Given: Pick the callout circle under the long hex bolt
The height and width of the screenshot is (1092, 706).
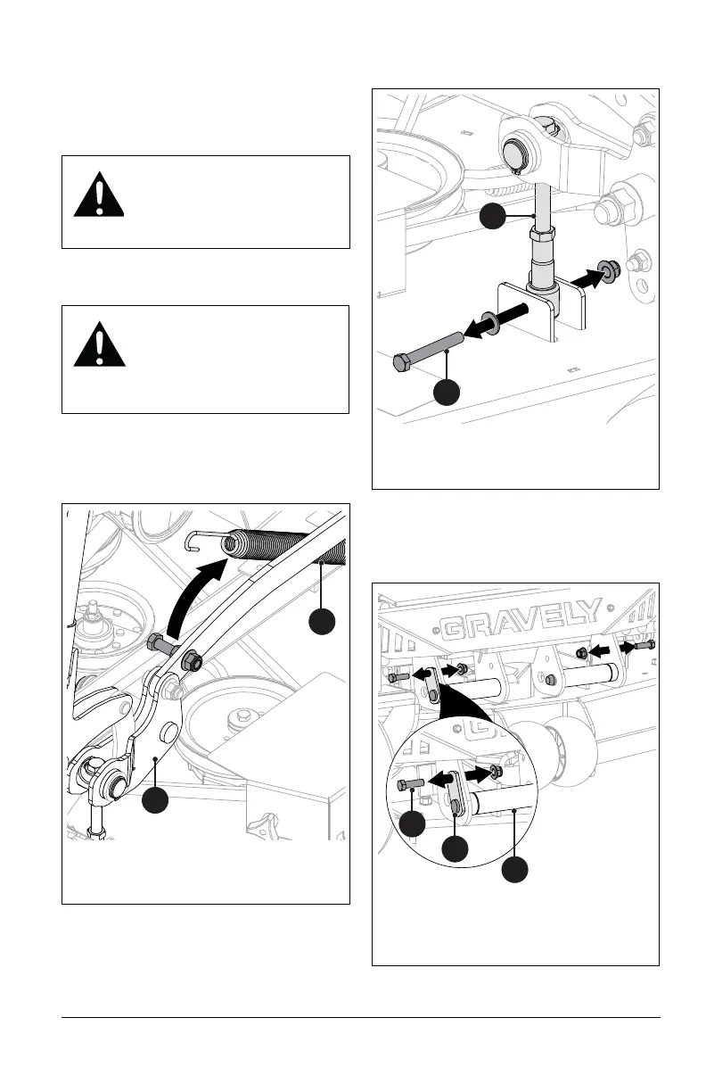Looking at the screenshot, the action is coord(445,392).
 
